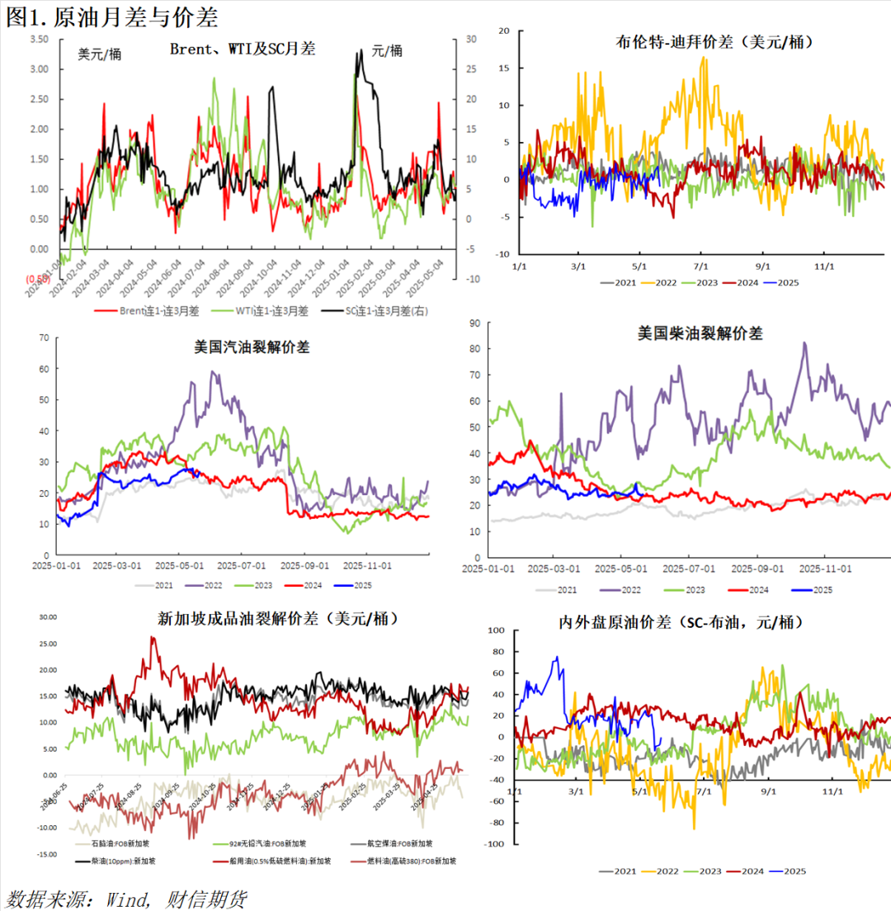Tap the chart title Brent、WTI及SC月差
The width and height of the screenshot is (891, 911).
coord(243,50)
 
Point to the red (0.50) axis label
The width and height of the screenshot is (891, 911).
coord(36,279)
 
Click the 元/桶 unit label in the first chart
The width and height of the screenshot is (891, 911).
coord(387,51)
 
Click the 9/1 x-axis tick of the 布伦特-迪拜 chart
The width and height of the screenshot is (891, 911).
coord(762,267)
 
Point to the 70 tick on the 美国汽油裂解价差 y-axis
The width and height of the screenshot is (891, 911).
coord(44,337)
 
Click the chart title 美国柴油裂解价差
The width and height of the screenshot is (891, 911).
coord(700,333)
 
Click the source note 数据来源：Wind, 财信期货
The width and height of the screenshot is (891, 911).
coord(126,897)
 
